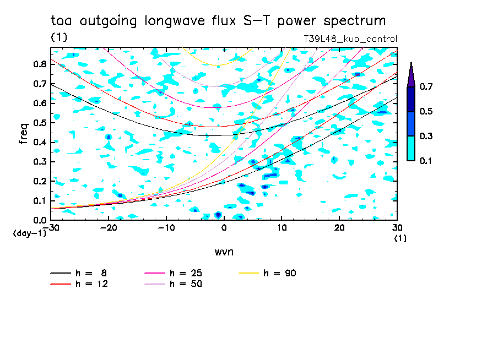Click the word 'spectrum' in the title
point(354,21)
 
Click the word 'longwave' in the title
point(175,21)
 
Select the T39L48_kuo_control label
point(350,39)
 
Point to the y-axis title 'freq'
point(24,134)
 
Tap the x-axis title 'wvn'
point(224,252)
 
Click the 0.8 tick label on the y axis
point(40,64)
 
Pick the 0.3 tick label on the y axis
point(40,162)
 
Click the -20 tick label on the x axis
point(109,228)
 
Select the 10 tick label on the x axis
point(282,228)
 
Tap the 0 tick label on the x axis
point(224,228)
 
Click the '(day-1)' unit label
point(29,233)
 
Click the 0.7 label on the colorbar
point(426,86)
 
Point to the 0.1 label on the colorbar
point(426,161)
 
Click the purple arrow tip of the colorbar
point(412,62)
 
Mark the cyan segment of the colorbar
point(411,149)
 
